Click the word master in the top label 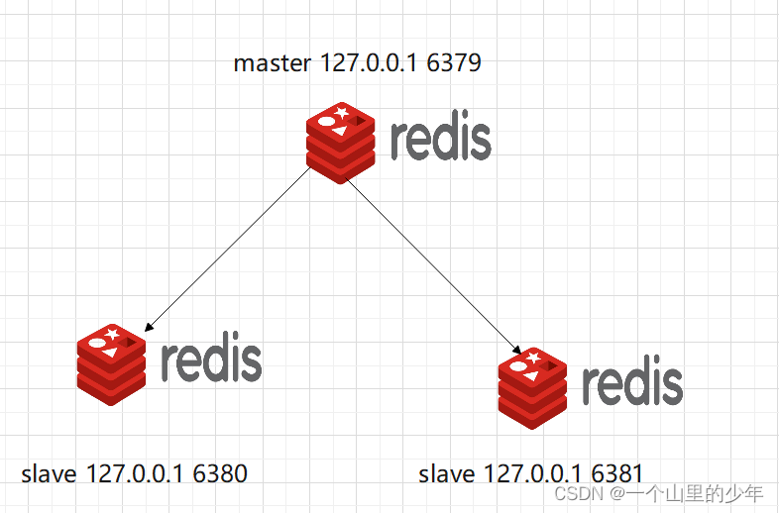pos(274,64)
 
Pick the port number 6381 pos(617,473)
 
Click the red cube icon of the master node pos(341,144)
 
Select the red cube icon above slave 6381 pos(531,387)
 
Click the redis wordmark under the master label pos(440,140)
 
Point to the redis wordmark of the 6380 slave pos(210,360)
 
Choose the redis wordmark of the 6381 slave pos(631,383)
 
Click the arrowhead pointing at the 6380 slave pos(147,328)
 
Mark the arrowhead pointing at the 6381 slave pos(516,350)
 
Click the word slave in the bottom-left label pos(49,473)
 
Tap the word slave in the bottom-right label pos(448,473)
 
